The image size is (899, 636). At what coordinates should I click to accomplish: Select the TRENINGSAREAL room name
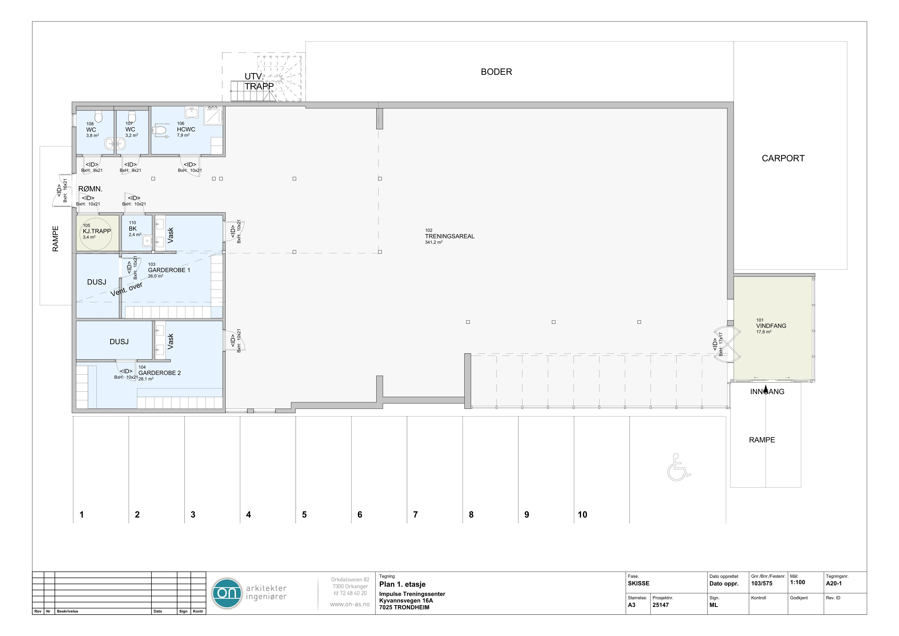(449, 236)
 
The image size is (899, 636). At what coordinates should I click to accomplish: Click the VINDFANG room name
(771, 326)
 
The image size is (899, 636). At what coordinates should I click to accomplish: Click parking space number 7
(415, 515)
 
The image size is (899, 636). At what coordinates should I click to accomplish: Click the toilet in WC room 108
(98, 116)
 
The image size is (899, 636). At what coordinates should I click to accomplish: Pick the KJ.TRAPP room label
(97, 231)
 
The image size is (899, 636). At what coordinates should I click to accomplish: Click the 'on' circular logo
(227, 593)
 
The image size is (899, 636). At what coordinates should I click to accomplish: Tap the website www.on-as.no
(350, 604)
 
